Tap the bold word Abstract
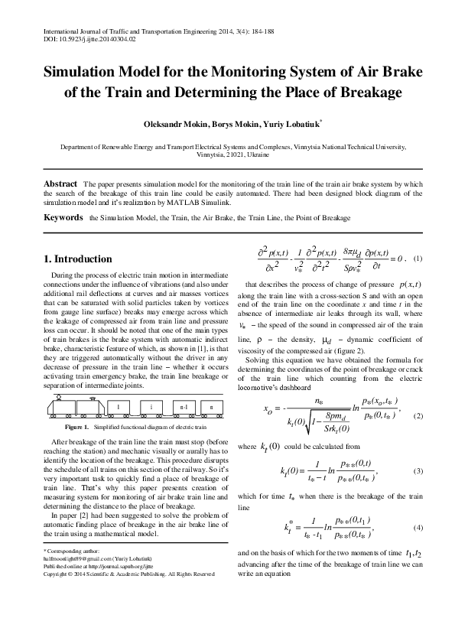click(x=60, y=184)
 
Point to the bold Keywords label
click(x=63, y=218)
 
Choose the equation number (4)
click(x=418, y=529)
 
